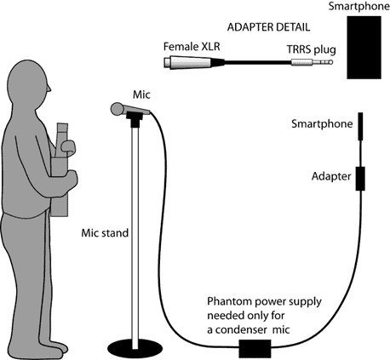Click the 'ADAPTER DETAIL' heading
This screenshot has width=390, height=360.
coord(268,27)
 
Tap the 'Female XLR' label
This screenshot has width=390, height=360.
coord(192,47)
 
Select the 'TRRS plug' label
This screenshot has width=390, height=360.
coord(311,49)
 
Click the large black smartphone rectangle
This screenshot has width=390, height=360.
coord(364,48)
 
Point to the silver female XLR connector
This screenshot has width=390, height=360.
coord(187,62)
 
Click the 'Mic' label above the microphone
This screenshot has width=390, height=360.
coord(141,94)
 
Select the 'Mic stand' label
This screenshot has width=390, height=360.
coord(105,233)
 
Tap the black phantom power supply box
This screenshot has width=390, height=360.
coord(255,348)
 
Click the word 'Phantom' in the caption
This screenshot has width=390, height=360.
coord(229,301)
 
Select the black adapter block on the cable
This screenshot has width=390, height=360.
coord(360,179)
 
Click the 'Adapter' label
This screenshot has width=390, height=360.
coord(331,176)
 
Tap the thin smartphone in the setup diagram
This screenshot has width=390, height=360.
coord(360,126)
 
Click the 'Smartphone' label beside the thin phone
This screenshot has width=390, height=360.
coord(322,124)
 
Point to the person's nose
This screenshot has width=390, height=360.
coord(49,89)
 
